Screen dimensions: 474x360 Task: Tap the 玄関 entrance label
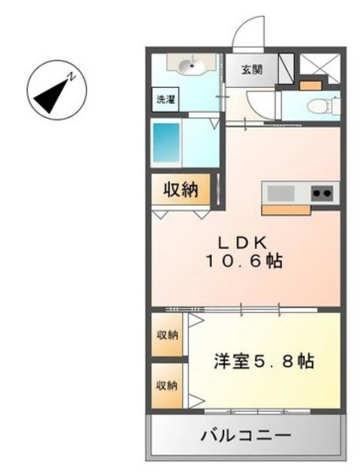[x=250, y=69]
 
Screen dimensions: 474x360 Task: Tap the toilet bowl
[x=319, y=106]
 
